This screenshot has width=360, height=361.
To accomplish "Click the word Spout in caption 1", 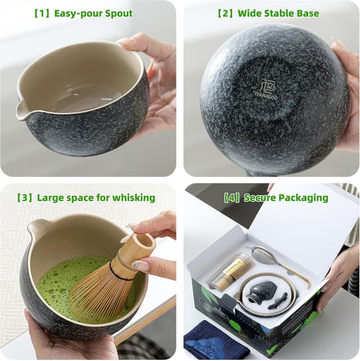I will click(x=117, y=13).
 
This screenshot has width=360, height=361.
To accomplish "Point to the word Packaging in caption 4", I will click(x=301, y=197).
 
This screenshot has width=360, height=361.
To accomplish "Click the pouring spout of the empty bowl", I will click(x=21, y=110).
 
